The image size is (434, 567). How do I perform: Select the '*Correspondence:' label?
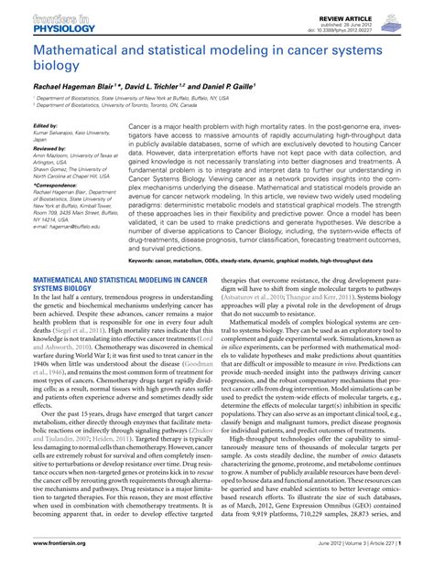pyautogui.click(x=52, y=186)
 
